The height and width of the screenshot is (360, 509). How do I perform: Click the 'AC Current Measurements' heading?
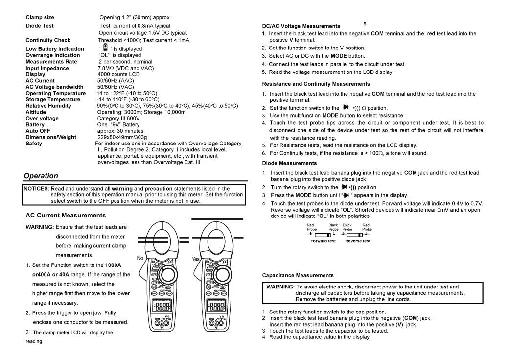(x=66, y=216)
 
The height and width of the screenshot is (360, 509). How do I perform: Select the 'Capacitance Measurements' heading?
(x=298, y=276)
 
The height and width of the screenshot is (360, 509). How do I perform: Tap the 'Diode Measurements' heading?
(x=289, y=163)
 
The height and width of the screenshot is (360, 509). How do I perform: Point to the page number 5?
(x=365, y=24)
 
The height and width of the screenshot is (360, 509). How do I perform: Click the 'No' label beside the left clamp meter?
(x=140, y=258)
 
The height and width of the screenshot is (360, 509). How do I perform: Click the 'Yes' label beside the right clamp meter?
(x=195, y=259)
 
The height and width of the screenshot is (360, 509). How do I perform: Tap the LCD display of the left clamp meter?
(x=162, y=307)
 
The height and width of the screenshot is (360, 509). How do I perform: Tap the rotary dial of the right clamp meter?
(x=222, y=276)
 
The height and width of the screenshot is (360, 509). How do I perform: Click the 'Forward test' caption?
(x=323, y=241)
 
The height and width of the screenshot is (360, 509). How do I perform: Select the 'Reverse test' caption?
(x=358, y=241)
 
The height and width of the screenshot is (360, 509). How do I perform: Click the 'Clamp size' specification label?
(x=40, y=17)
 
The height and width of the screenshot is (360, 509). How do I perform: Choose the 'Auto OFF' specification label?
(x=38, y=131)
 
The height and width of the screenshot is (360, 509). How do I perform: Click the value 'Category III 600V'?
(x=118, y=118)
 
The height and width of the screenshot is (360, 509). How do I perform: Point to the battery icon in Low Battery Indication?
(x=105, y=48)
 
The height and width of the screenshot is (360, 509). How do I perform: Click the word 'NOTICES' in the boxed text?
(x=36, y=189)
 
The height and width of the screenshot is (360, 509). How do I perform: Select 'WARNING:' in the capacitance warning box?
(x=280, y=287)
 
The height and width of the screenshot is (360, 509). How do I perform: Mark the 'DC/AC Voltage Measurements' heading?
(x=301, y=26)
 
